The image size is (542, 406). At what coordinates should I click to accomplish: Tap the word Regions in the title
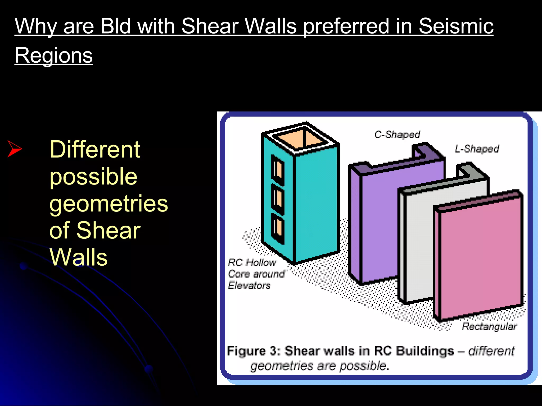tap(54, 55)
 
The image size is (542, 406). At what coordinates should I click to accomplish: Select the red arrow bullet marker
tap(15, 149)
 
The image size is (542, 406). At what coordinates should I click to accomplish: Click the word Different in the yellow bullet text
tap(94, 149)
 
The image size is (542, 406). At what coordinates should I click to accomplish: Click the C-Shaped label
tap(397, 135)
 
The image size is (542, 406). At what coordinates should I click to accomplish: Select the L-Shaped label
tap(477, 149)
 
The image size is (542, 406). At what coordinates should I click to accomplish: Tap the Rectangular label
tap(489, 326)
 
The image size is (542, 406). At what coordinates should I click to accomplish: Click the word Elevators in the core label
tap(249, 285)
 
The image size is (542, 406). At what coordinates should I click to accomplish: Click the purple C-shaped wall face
tap(378, 225)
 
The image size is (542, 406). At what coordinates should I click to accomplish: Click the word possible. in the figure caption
tap(364, 366)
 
